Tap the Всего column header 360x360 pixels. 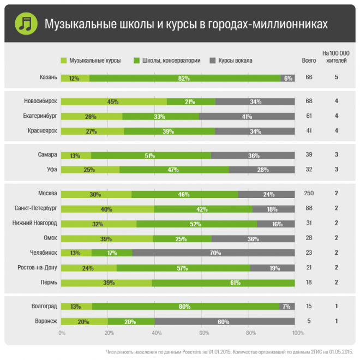(x=309, y=61)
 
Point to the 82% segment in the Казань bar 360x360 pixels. (x=184, y=78)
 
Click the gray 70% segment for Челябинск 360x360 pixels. (x=213, y=253)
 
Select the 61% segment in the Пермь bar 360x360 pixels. (x=223, y=282)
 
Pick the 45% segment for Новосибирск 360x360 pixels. (x=113, y=101)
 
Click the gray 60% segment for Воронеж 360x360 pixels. (x=224, y=321)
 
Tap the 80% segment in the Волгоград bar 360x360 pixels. (x=185, y=307)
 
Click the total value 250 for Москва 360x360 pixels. (x=309, y=194)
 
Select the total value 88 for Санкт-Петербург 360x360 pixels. (x=309, y=208)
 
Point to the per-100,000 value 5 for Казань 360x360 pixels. (x=337, y=77)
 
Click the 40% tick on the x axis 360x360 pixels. (x=156, y=333)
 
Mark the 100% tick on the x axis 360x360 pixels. (x=298, y=333)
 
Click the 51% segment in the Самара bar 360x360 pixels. (x=151, y=155)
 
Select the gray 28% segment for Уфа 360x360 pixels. (x=262, y=170)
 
